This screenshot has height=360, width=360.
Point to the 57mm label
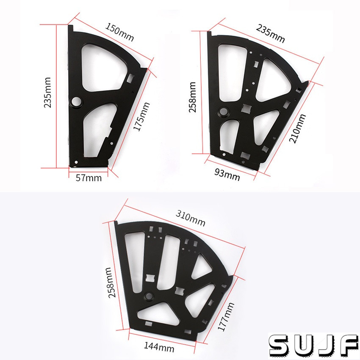click(x=88, y=178)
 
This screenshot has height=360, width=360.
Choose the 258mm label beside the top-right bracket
click(x=193, y=97)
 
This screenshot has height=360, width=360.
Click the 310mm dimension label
click(x=191, y=219)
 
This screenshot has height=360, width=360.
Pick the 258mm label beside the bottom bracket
click(x=111, y=282)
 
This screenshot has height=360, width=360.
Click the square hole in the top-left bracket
click(x=130, y=78)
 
